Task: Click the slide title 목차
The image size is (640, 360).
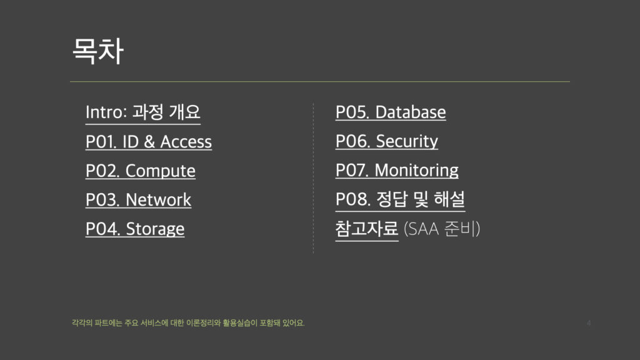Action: (98, 51)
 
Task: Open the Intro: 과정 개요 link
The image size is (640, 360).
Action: (143, 112)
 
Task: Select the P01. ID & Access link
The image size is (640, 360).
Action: (149, 142)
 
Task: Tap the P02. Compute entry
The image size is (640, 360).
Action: (141, 171)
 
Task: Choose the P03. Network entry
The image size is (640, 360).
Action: (138, 199)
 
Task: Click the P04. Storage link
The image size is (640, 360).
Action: (135, 229)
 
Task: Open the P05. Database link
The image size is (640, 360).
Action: (391, 112)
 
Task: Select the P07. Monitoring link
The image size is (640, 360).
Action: (397, 171)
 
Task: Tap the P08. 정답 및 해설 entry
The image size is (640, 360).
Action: (400, 199)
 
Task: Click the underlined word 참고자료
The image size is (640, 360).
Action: (366, 229)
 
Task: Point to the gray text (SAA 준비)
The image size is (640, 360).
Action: (442, 229)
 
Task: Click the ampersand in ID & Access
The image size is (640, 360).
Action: (149, 142)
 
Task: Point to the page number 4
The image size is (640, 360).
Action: (589, 323)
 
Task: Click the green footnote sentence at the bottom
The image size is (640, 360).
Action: (188, 323)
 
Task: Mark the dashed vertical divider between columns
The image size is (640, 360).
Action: (314, 178)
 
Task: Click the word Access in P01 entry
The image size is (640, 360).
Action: (186, 142)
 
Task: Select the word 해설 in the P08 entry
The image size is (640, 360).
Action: (449, 199)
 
